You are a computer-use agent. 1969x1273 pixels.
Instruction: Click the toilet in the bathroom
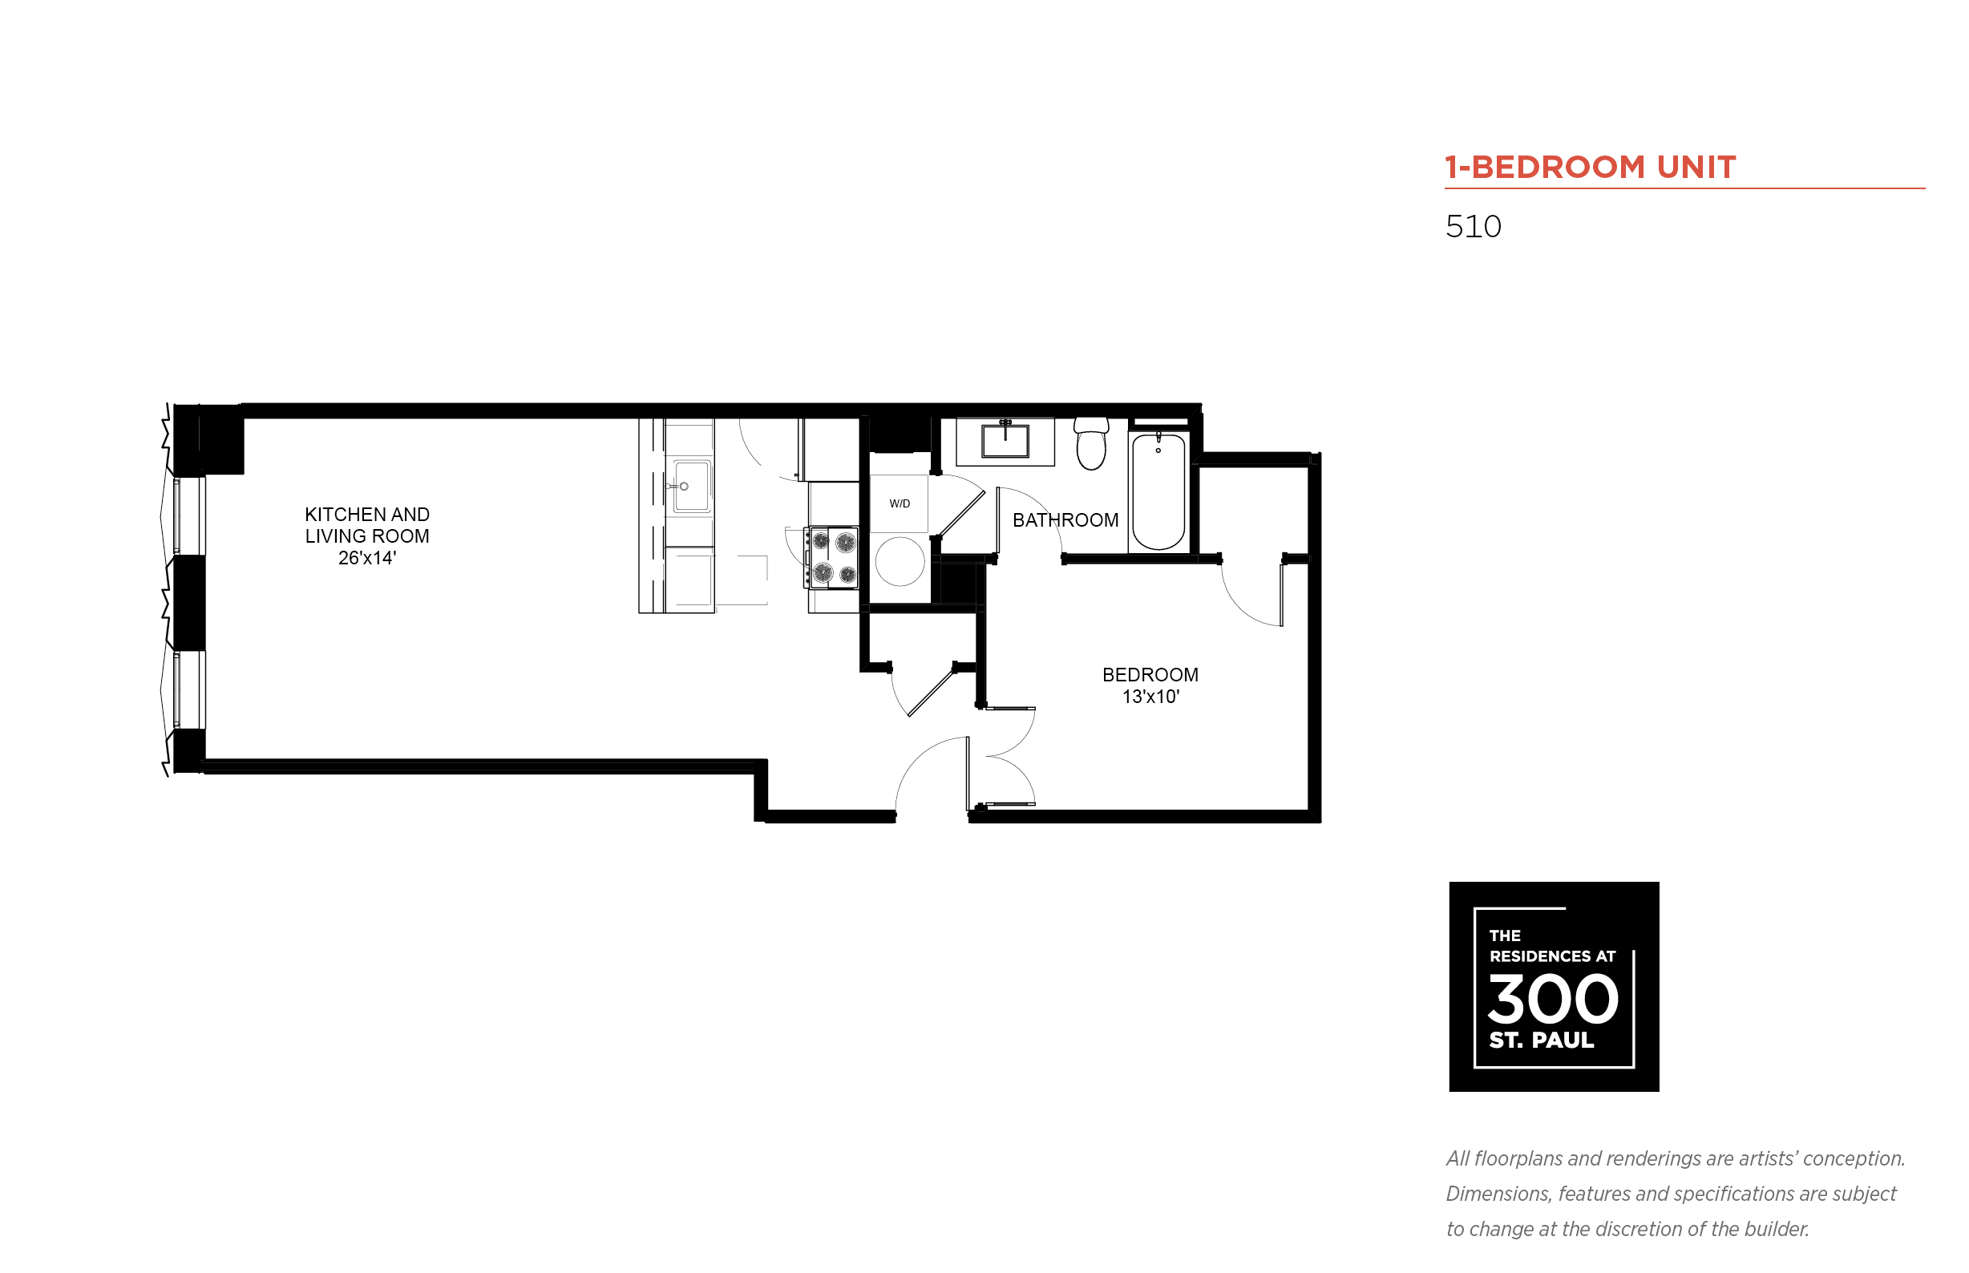pos(1091,443)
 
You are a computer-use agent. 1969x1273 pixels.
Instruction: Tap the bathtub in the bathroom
pos(1158,491)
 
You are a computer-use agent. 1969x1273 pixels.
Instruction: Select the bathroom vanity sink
pos(1005,440)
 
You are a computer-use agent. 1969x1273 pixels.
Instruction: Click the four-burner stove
pos(832,558)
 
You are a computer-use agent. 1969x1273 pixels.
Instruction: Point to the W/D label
pos(900,503)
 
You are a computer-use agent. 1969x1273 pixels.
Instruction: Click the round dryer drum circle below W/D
pos(900,561)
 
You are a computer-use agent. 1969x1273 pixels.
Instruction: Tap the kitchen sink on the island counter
pos(691,487)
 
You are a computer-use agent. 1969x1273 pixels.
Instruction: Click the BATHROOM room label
pos(1065,520)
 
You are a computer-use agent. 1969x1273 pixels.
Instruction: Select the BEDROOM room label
pos(1150,674)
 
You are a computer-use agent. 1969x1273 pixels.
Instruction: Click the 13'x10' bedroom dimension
pos(1150,697)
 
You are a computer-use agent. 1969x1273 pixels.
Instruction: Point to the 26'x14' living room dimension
pos(367,558)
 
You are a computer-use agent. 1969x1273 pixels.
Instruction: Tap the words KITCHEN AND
pos(367,514)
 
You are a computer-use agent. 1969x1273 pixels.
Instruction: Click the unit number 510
pos(1473,227)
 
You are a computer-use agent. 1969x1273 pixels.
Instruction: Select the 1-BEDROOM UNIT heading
pos(1591,167)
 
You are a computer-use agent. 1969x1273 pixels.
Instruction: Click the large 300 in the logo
pos(1552,999)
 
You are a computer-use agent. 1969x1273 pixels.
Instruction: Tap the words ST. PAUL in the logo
pos(1542,1040)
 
